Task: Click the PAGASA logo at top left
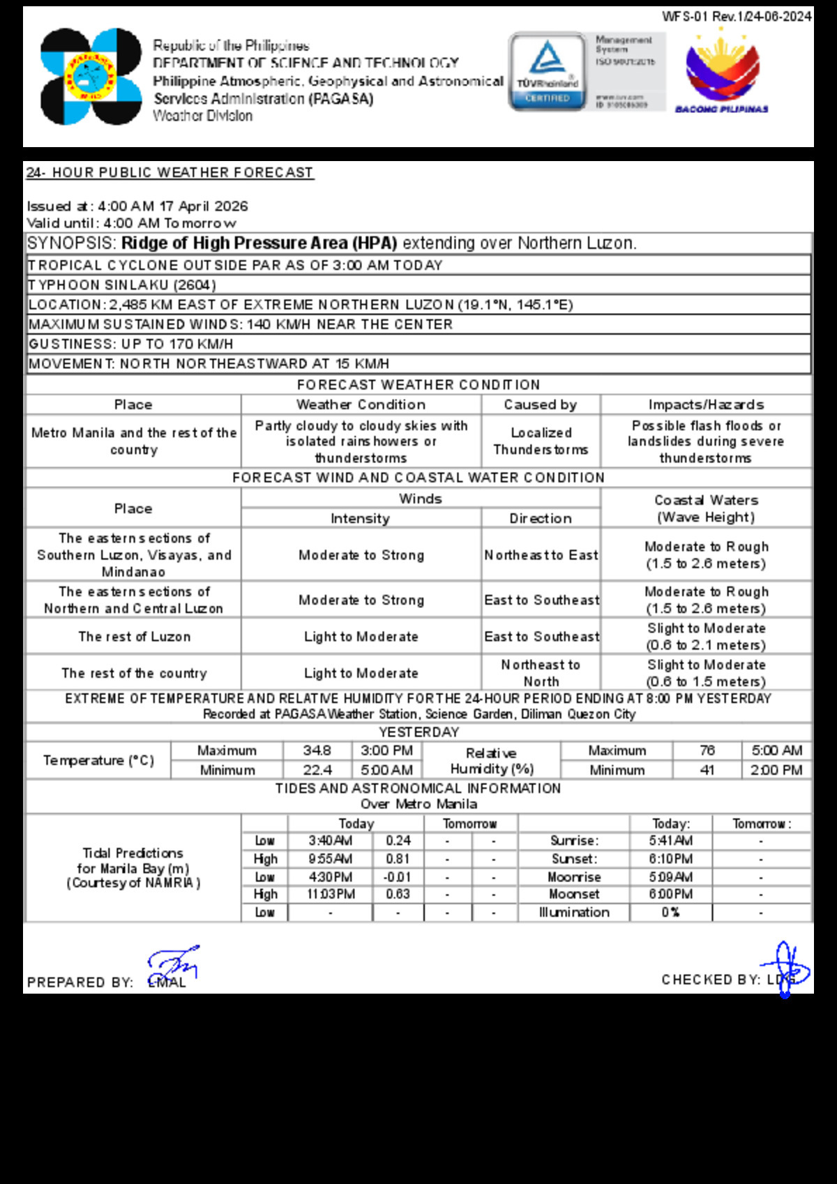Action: tap(91, 77)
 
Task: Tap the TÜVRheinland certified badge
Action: tap(548, 71)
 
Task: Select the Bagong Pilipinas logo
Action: tap(722, 71)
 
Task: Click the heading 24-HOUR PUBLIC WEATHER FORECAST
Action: tap(170, 172)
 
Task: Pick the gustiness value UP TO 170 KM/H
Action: tap(177, 344)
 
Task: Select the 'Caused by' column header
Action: tap(541, 404)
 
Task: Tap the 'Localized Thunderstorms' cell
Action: tap(541, 441)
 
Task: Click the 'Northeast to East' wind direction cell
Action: tap(541, 555)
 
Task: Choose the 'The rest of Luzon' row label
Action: tap(134, 637)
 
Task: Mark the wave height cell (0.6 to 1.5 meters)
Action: tap(706, 674)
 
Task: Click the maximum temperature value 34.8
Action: tap(317, 750)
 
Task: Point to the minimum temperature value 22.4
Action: tap(317, 770)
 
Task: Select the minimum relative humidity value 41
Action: tap(707, 770)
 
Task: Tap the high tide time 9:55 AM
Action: tap(330, 859)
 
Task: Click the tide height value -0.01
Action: tap(398, 877)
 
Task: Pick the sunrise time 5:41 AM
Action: tap(670, 841)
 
